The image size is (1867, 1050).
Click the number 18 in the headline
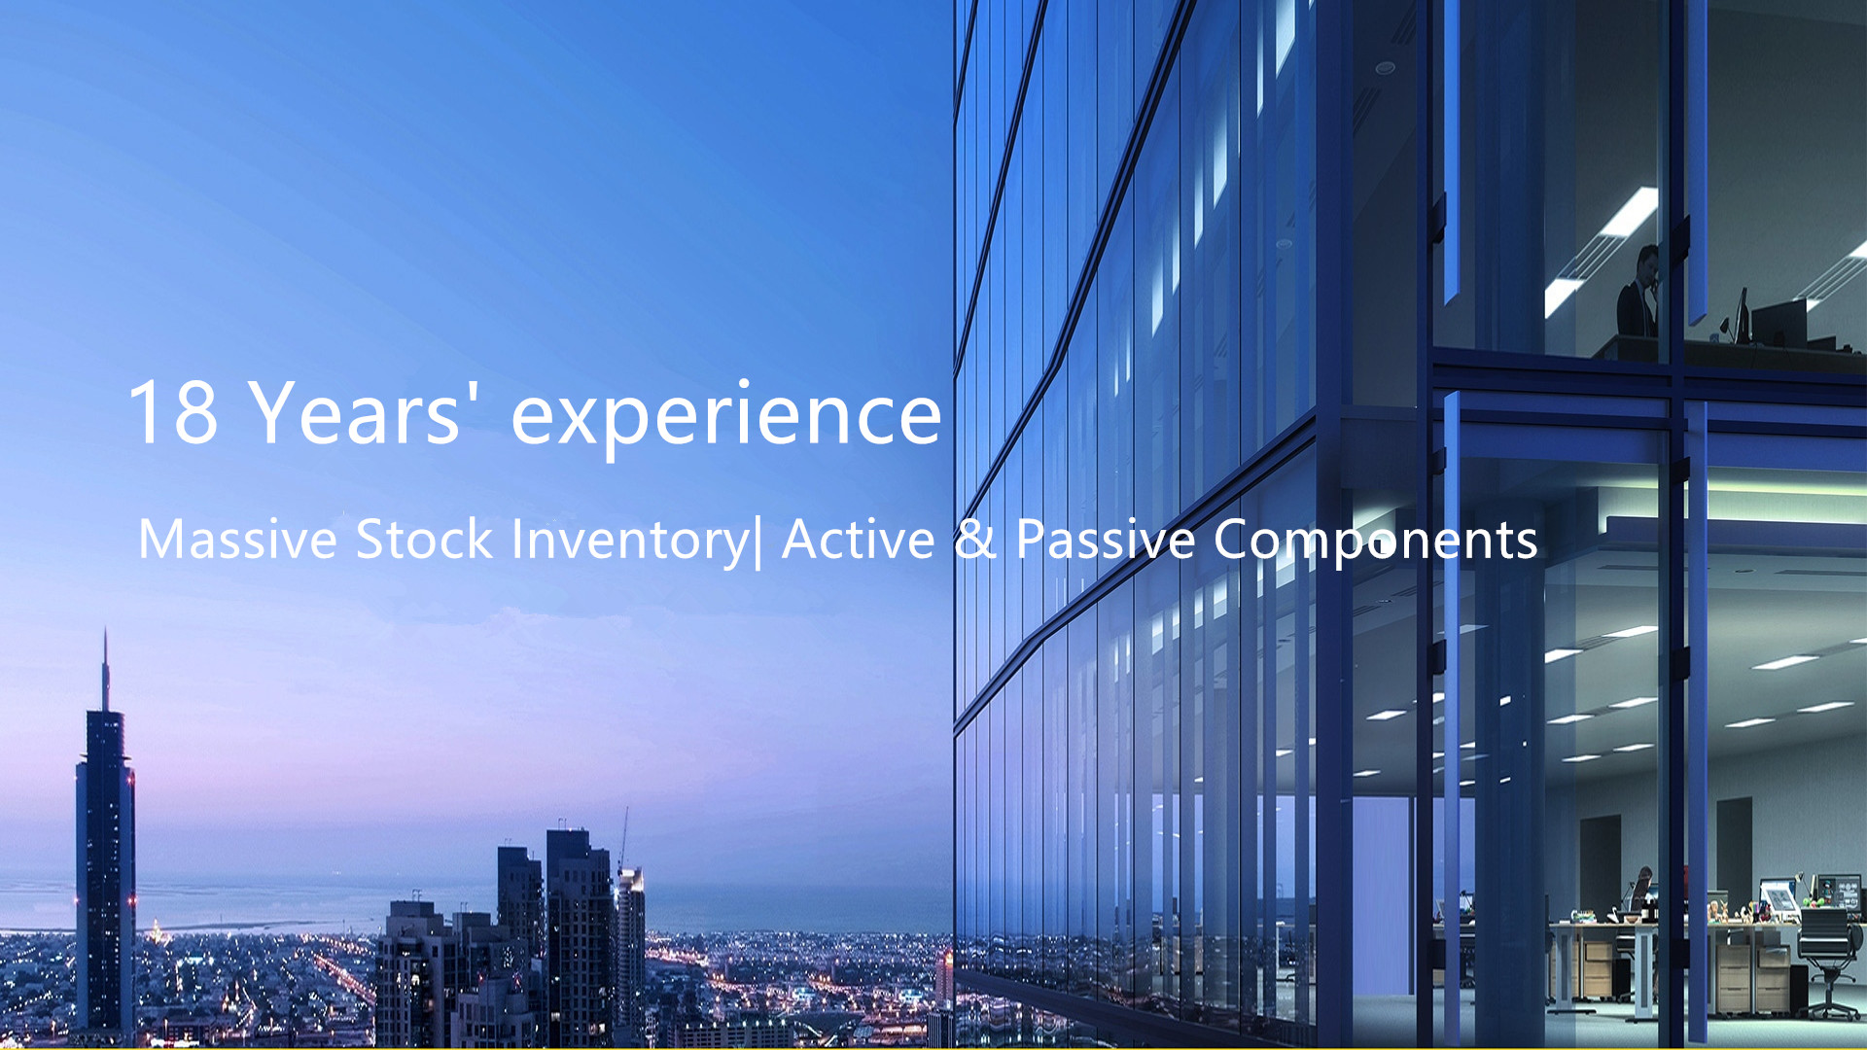coord(173,412)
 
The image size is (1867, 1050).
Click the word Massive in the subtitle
coord(238,539)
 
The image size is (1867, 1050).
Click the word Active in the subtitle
coord(858,539)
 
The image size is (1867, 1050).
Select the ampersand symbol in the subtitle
coord(975,539)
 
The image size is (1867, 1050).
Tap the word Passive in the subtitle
coord(1106,539)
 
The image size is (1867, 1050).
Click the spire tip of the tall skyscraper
coord(106,629)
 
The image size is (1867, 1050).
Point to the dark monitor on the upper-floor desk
coord(1779,321)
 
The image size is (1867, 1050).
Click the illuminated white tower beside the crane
coord(630,934)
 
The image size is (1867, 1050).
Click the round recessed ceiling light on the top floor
coord(1385,68)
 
